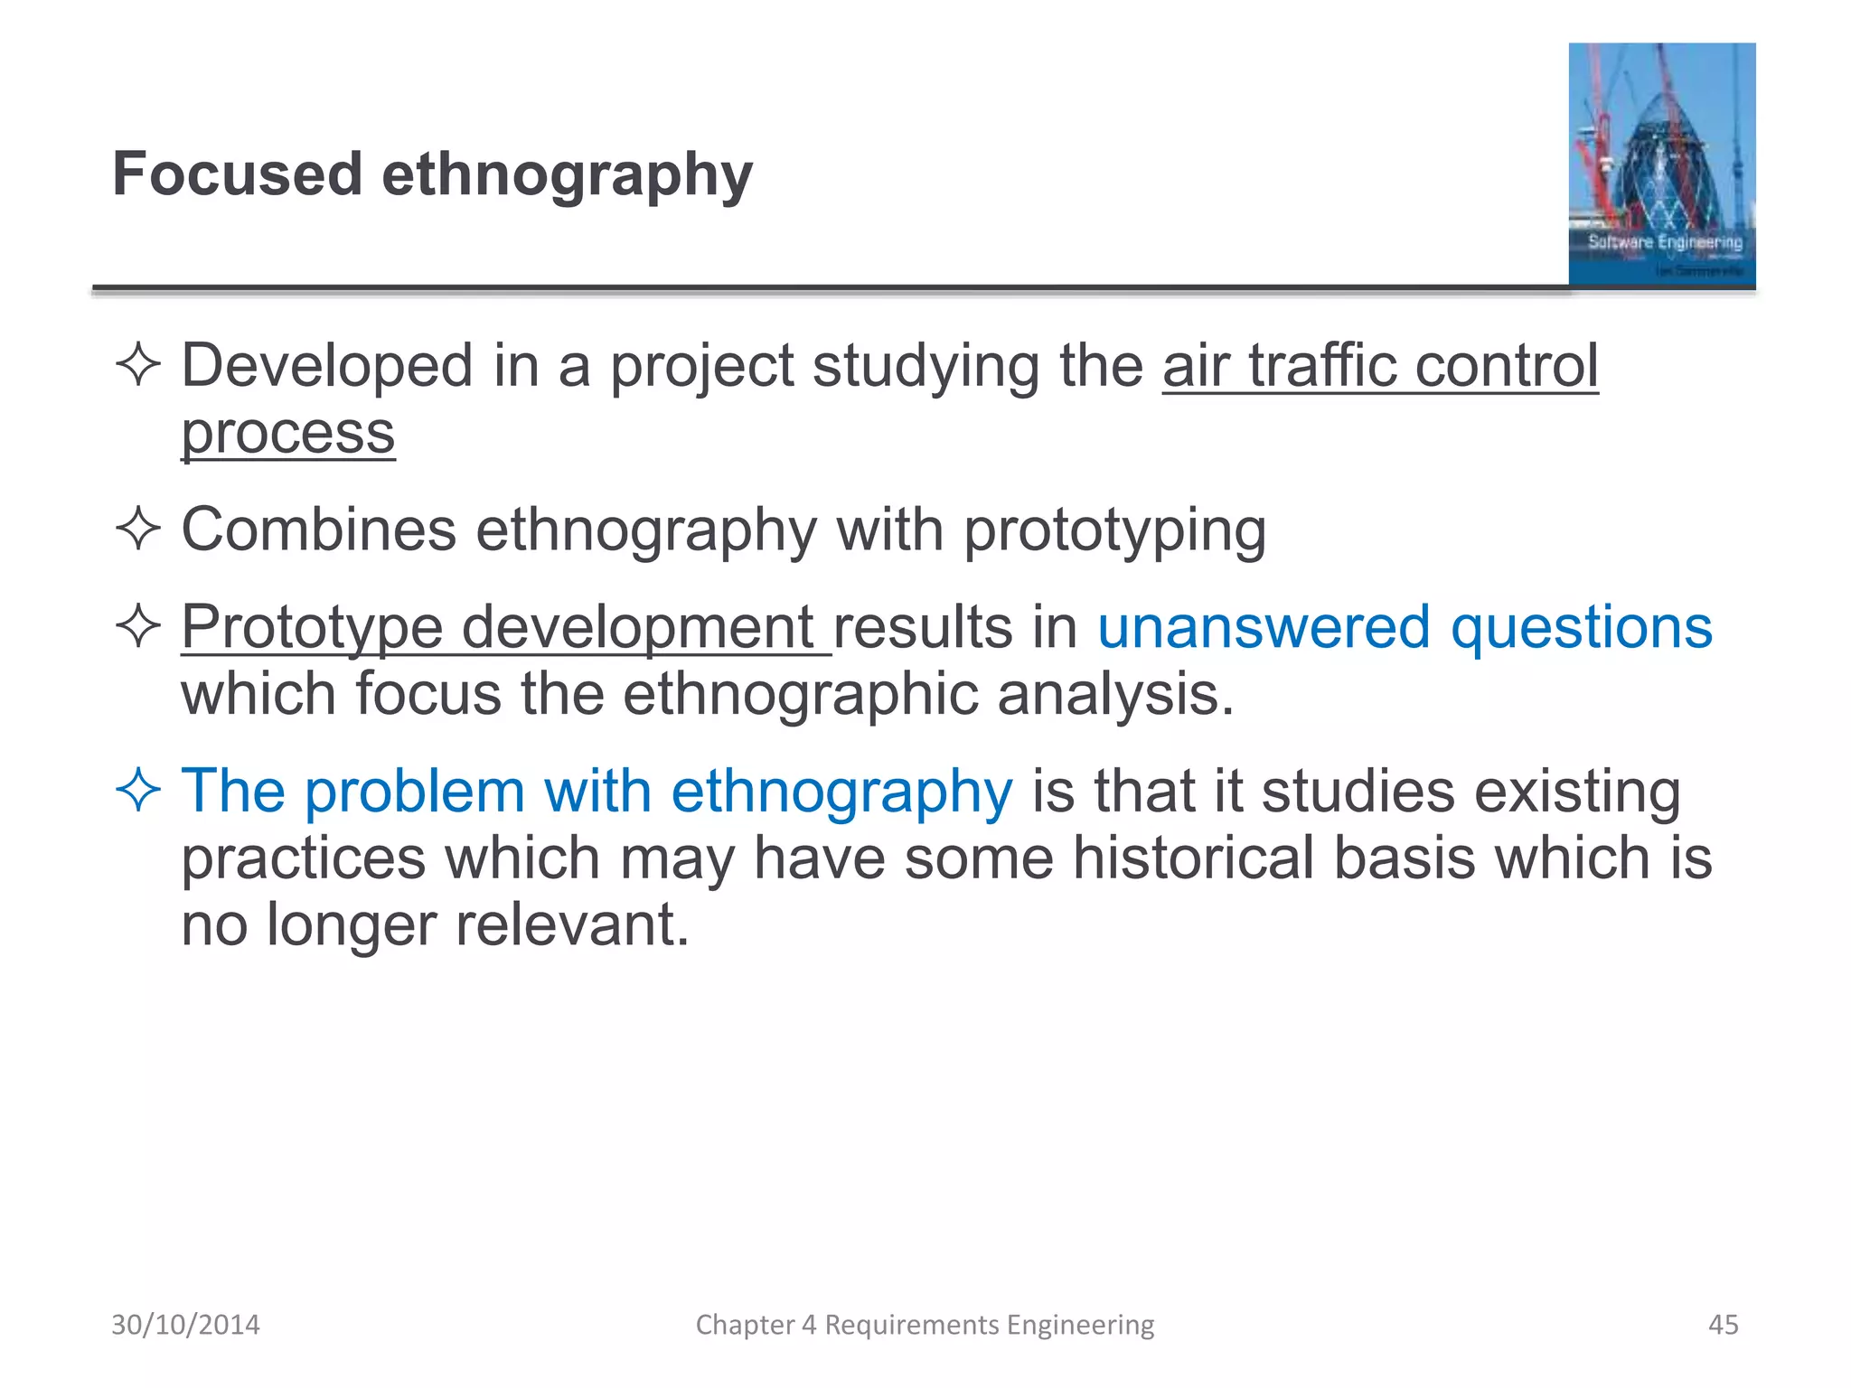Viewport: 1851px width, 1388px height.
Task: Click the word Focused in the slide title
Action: pos(237,173)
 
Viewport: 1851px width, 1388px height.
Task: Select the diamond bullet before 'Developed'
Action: pos(138,366)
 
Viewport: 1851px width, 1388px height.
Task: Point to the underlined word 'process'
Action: pos(288,434)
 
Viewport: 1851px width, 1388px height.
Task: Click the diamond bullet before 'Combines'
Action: pos(138,529)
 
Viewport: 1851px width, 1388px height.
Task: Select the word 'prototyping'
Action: pos(1114,531)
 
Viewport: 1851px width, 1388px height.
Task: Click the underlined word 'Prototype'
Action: pos(312,627)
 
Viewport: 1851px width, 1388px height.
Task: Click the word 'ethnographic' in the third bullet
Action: pos(800,695)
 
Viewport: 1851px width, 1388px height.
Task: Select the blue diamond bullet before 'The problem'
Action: pos(138,790)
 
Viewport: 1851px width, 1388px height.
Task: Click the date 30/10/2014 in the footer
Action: pos(185,1325)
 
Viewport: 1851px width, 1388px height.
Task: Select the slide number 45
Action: pos(1723,1325)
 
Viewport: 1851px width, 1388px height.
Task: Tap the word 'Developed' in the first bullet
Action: pos(327,366)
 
